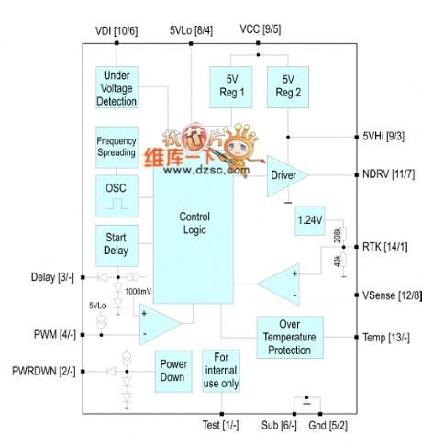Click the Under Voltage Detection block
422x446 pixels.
pyautogui.click(x=117, y=87)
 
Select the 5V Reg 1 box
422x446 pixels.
pyautogui.click(x=230, y=86)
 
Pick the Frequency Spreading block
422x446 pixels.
pyautogui.click(x=117, y=147)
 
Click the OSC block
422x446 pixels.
pyautogui.click(x=117, y=189)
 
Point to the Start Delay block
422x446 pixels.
pyautogui.click(x=117, y=243)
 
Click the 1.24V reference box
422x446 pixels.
pyautogui.click(x=310, y=220)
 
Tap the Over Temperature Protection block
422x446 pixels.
pyautogui.click(x=289, y=337)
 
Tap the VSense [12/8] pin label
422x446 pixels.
pyautogui.click(x=391, y=295)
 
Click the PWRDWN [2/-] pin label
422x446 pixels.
pyautogui.click(x=41, y=371)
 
